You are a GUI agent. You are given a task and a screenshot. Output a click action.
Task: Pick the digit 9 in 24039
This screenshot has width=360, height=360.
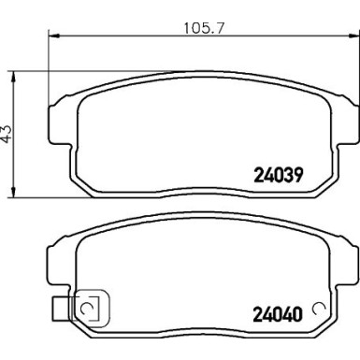299,173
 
